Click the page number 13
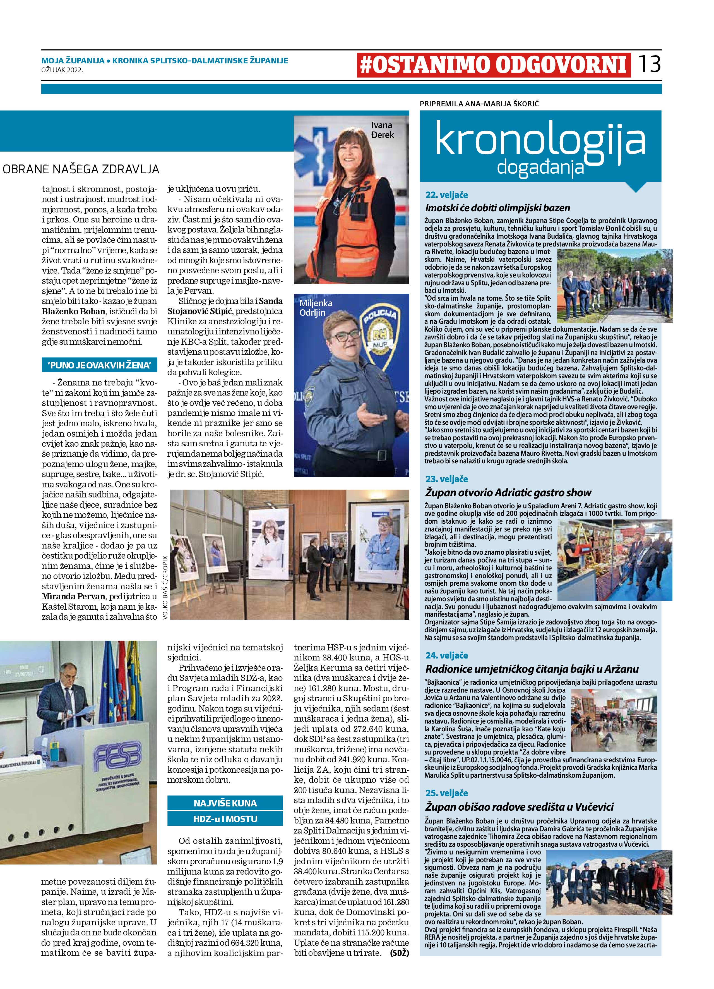(650, 64)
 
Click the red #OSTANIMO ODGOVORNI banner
(493, 65)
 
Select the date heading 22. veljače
(446, 195)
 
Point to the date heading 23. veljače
(446, 479)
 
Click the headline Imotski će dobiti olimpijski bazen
(497, 208)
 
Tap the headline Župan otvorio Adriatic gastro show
(508, 492)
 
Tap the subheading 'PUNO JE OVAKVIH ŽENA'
(99, 365)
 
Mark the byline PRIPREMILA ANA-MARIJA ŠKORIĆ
(479, 104)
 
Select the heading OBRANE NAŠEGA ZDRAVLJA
(81, 169)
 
